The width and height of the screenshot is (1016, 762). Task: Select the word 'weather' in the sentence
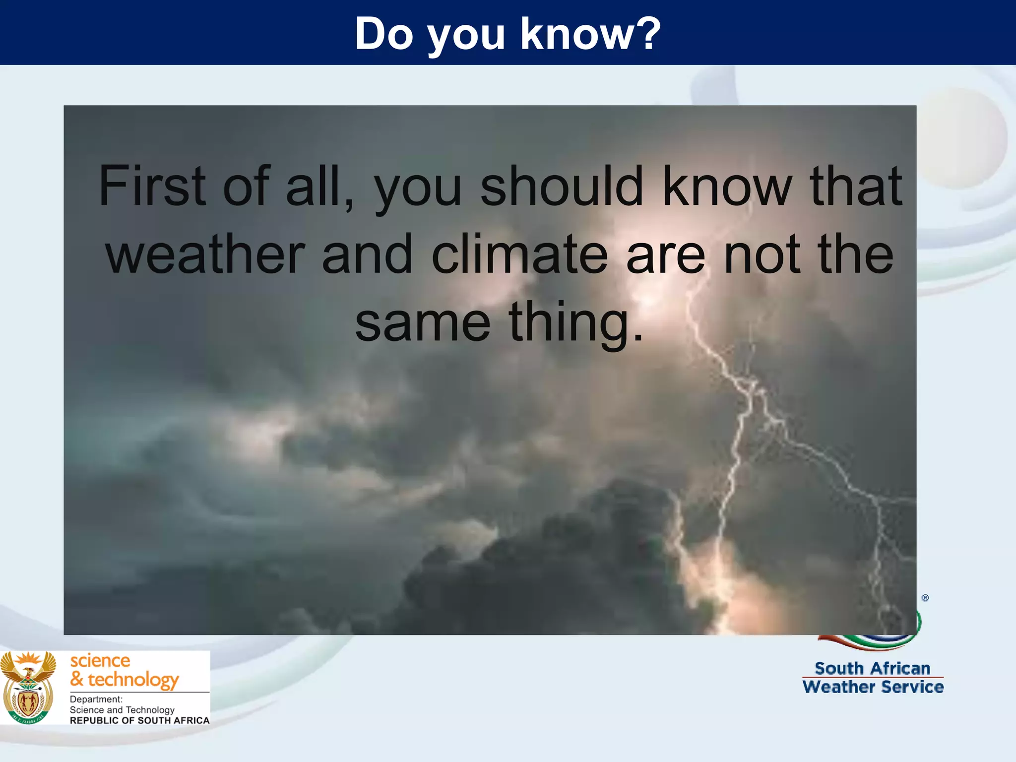point(204,254)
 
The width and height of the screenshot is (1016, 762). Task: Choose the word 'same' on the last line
point(423,323)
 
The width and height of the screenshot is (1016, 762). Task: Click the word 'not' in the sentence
point(762,254)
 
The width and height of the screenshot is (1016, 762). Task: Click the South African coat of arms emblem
point(28,688)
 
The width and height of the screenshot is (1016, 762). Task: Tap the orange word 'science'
point(100,661)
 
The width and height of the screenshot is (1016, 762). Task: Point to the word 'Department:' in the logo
point(96,699)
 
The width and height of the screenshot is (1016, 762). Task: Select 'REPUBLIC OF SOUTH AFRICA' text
point(139,720)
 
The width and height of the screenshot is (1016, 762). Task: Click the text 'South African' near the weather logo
point(872,668)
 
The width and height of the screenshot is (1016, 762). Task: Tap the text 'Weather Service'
point(873,687)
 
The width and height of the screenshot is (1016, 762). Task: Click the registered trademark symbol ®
point(925,598)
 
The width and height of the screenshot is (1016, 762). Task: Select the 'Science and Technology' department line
point(122,710)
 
